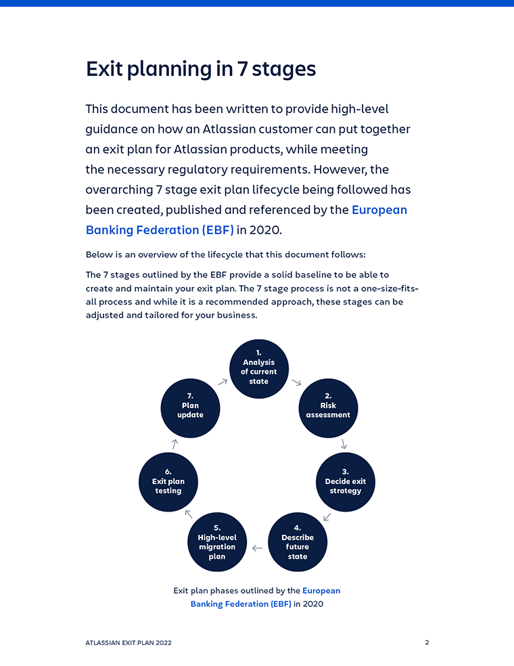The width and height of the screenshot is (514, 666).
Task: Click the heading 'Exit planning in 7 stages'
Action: (201, 69)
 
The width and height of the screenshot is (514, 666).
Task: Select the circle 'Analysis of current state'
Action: (259, 368)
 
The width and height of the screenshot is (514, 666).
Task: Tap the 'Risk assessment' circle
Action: (328, 406)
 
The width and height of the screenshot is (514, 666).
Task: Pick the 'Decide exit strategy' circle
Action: (345, 482)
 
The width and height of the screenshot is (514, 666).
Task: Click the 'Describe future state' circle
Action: (298, 542)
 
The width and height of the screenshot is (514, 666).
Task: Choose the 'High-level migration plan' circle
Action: (216, 542)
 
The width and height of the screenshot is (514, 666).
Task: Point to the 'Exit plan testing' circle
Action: (168, 482)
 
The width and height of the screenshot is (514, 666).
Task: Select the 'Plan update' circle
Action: (190, 406)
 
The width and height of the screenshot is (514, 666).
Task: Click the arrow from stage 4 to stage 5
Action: (257, 548)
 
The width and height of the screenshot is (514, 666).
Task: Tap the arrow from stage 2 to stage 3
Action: (344, 444)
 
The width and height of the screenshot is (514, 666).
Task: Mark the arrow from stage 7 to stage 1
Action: (223, 382)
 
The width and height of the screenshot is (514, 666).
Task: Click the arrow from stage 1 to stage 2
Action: (296, 382)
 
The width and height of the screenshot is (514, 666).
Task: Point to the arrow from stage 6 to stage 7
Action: (174, 444)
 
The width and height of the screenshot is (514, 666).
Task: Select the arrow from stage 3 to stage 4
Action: (327, 517)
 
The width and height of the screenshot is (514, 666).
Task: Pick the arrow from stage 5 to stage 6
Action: (188, 514)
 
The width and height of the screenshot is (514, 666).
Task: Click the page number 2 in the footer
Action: (427, 642)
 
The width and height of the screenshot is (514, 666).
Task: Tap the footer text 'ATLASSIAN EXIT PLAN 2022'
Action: (128, 643)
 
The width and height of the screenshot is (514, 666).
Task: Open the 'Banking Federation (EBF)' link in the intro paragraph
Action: (160, 230)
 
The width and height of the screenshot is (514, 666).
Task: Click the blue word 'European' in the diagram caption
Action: (321, 591)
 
